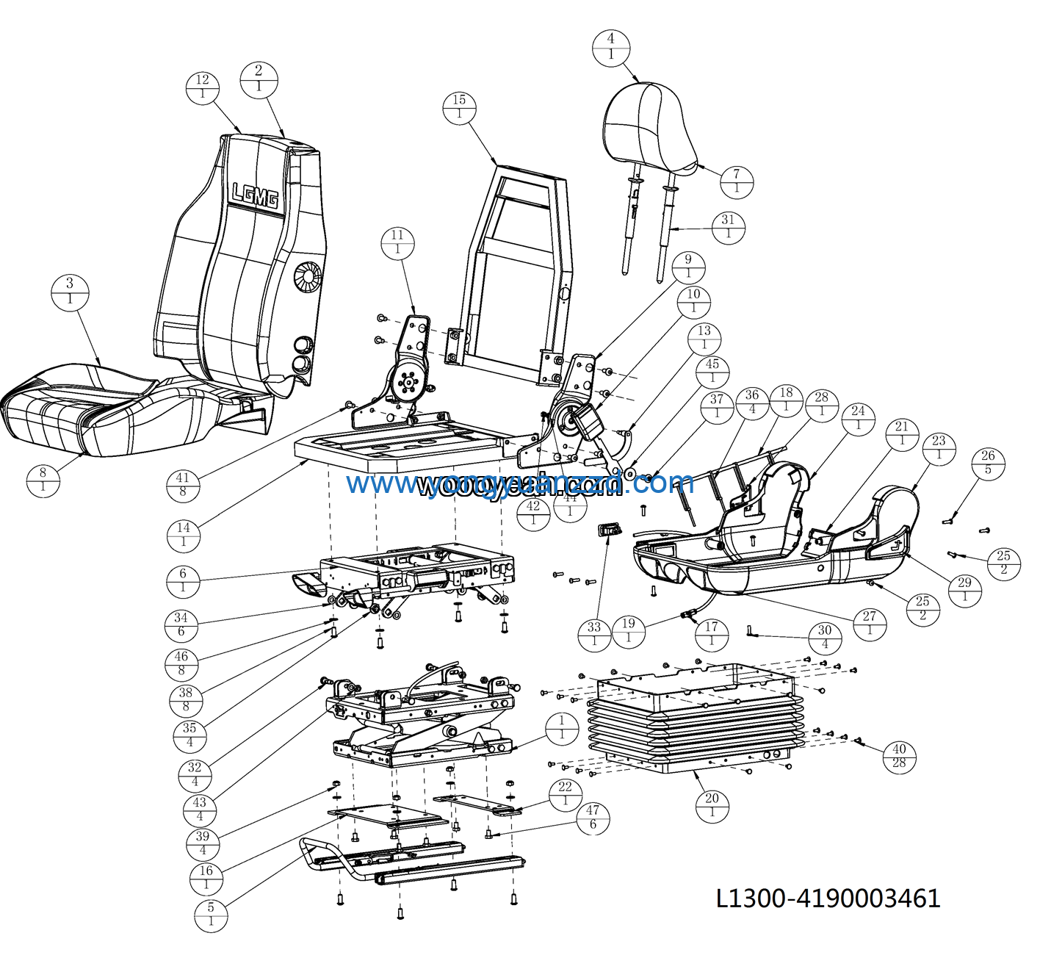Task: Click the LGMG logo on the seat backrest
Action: pyautogui.click(x=255, y=195)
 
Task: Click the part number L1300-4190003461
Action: pyautogui.click(x=828, y=898)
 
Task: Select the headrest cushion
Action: pyautogui.click(x=649, y=129)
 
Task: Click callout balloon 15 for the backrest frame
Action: pyautogui.click(x=459, y=107)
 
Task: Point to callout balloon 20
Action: pyautogui.click(x=712, y=806)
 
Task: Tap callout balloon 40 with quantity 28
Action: pyautogui.click(x=899, y=756)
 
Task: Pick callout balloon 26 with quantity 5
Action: pyautogui.click(x=988, y=463)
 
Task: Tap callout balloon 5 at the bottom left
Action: pyautogui.click(x=211, y=915)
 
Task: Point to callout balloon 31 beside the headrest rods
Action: pyautogui.click(x=728, y=227)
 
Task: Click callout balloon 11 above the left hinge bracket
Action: pyautogui.click(x=397, y=242)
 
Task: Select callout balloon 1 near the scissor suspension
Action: pyautogui.click(x=562, y=728)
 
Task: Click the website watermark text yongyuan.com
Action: pyautogui.click(x=520, y=483)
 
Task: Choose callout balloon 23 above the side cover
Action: pyautogui.click(x=939, y=448)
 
